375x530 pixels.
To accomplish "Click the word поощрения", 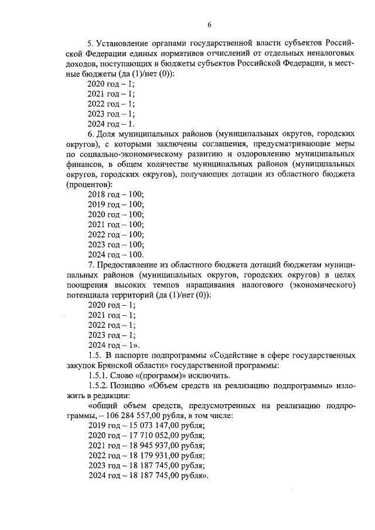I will (x=87, y=285).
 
